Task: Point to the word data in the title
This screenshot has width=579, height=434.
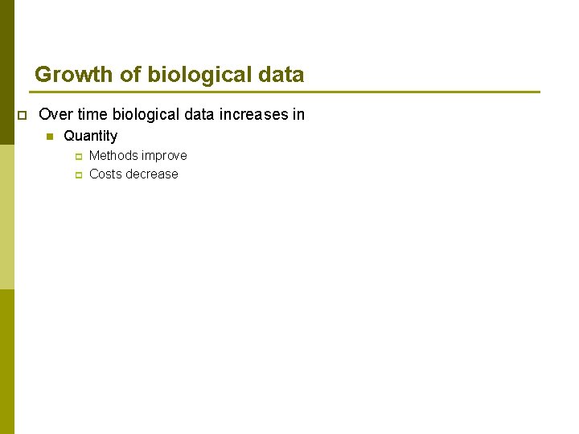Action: point(281,75)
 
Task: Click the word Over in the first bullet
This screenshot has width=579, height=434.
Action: point(55,115)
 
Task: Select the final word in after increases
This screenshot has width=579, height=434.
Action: point(299,115)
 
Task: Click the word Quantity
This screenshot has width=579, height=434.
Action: point(90,137)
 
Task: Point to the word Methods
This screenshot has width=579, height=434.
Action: point(112,155)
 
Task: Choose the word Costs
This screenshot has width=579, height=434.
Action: point(106,174)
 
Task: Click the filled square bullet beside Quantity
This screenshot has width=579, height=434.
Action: point(50,137)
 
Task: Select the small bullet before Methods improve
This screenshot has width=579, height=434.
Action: point(79,156)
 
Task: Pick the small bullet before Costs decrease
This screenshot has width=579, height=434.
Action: point(79,174)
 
